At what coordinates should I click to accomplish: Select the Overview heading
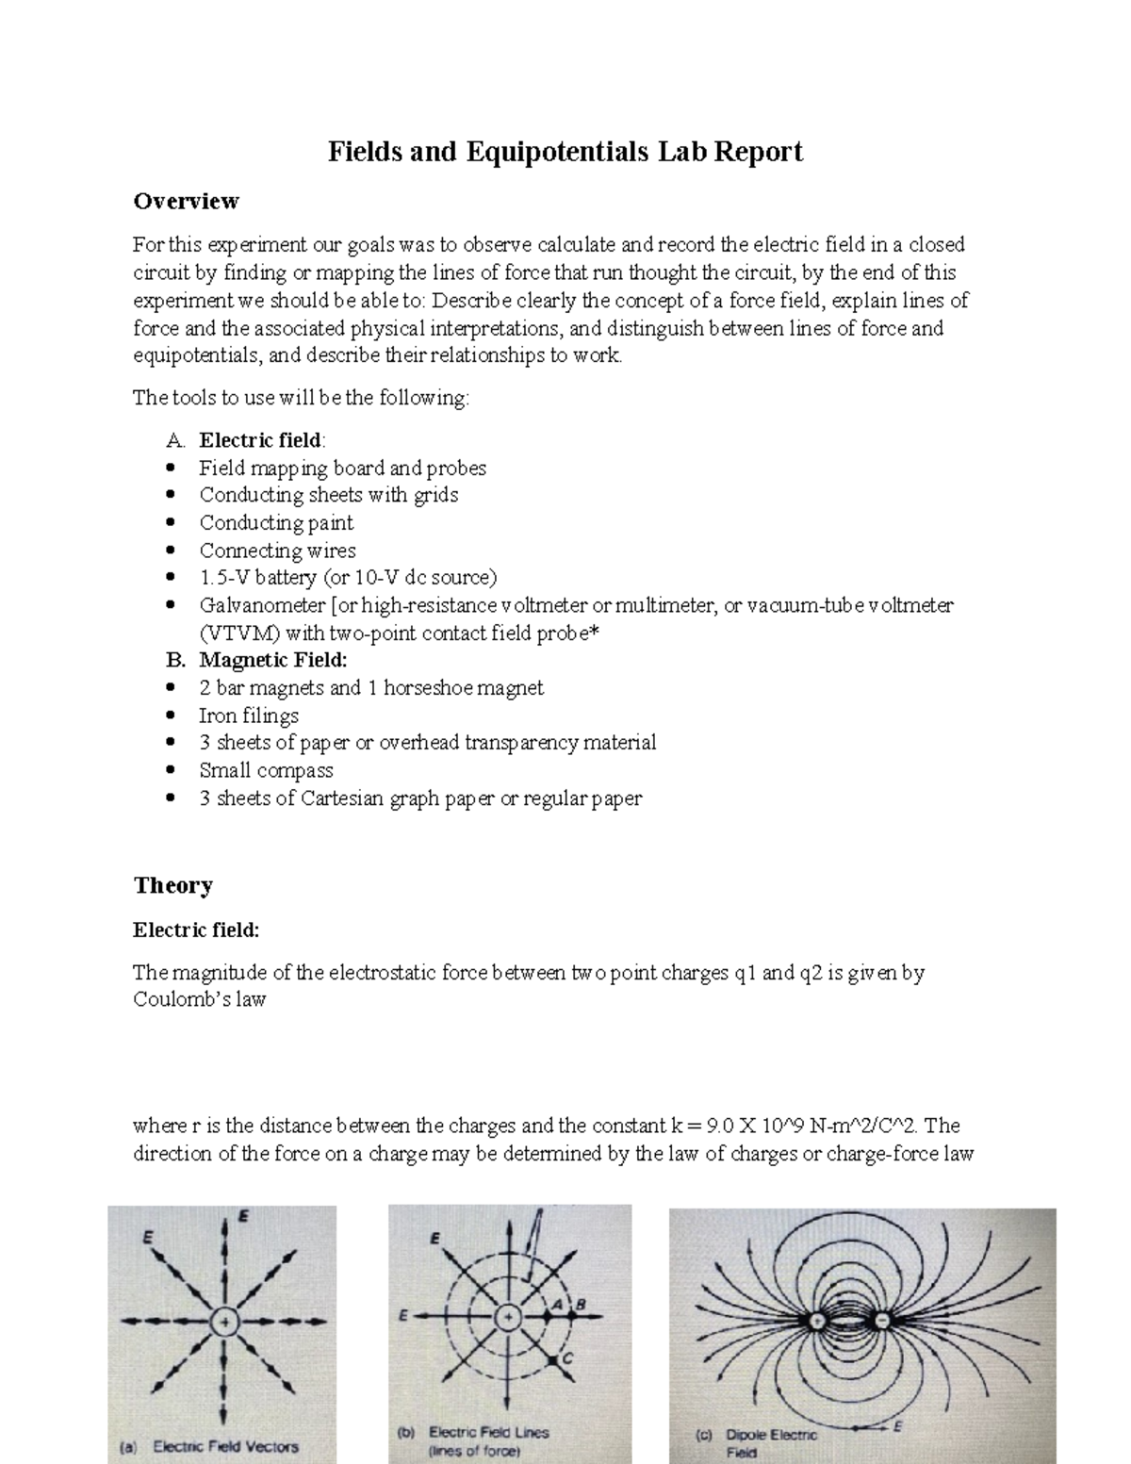(186, 201)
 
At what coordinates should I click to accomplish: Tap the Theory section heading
(172, 884)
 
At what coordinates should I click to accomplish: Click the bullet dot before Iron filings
(170, 716)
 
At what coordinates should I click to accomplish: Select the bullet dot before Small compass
(170, 770)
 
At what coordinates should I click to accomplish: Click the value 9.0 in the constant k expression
(715, 1126)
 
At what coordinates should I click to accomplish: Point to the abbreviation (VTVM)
(238, 633)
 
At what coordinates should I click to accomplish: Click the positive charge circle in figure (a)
(224, 1323)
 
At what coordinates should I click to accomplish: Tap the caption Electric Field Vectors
(225, 1445)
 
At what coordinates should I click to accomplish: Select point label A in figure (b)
(557, 1302)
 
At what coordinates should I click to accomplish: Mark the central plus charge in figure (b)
(508, 1316)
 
